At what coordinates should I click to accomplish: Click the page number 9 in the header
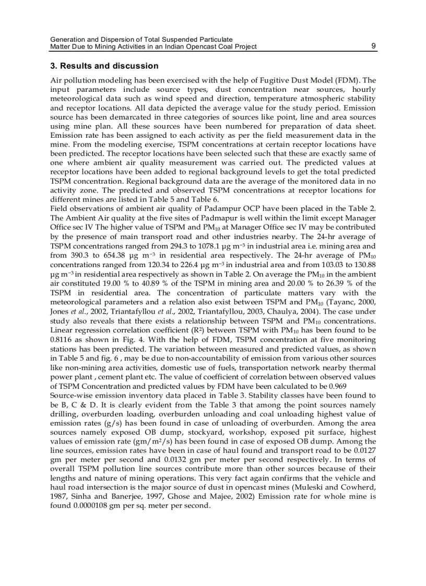point(373,46)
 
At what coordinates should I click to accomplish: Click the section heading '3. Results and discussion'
point(104,66)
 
